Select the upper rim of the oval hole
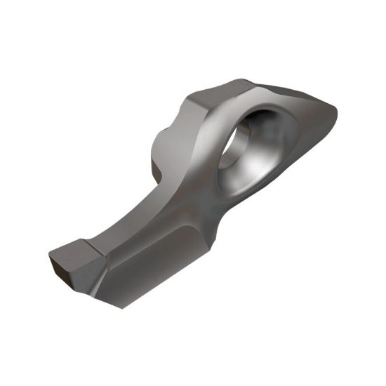[270, 105]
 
